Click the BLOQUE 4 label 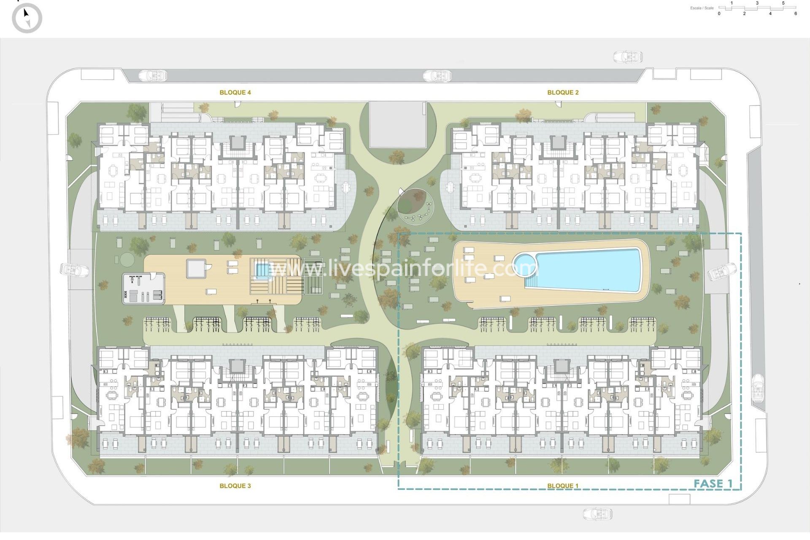[x=235, y=92]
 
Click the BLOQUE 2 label [x=563, y=92]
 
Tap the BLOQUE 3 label [x=235, y=486]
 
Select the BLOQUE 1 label [x=563, y=486]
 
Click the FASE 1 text [x=713, y=483]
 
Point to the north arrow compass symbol [x=27, y=18]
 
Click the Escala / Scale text [x=702, y=8]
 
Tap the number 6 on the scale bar [x=796, y=13]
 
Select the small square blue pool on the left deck [x=262, y=270]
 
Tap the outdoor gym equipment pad [x=143, y=289]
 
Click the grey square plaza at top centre [x=397, y=124]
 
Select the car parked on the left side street [x=74, y=269]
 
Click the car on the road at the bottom [x=597, y=514]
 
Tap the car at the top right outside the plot [x=627, y=57]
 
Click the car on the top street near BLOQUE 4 [x=153, y=76]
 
